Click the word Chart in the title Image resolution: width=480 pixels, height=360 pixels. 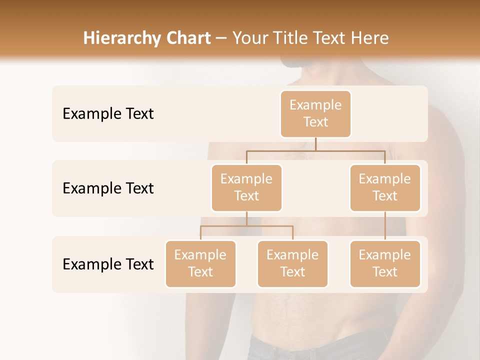(x=188, y=38)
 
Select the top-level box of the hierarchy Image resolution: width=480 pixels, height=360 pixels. (x=315, y=114)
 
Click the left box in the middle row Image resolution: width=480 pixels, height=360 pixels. (x=246, y=188)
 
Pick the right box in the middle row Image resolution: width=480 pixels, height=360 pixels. (x=385, y=188)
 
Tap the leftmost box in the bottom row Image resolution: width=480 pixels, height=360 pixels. (x=200, y=264)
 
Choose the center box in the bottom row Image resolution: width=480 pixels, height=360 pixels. (x=292, y=264)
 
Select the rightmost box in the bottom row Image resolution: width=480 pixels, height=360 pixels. (x=385, y=264)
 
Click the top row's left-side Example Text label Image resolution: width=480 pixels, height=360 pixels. (x=108, y=114)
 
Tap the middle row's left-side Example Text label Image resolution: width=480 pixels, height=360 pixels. (x=108, y=188)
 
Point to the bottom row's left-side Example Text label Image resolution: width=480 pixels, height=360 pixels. (x=108, y=264)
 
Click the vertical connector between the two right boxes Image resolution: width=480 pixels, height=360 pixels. (x=385, y=226)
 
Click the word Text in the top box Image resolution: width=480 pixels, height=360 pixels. (x=315, y=122)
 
